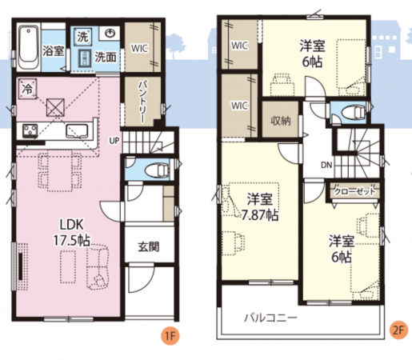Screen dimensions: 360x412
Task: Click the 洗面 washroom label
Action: tap(106, 57)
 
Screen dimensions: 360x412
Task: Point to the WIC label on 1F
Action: tap(141, 48)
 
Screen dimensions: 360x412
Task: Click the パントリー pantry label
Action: tap(141, 102)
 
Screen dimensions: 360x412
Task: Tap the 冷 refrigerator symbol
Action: tap(28, 90)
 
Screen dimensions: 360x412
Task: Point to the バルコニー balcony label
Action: tap(271, 318)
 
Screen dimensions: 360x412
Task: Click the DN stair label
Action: tap(327, 165)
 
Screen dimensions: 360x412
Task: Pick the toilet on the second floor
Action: tap(350, 110)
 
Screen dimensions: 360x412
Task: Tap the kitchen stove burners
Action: tap(29, 130)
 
